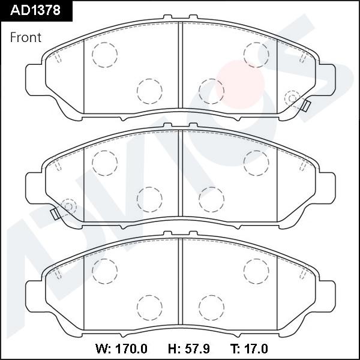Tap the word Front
[x=26, y=37]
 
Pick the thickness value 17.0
[x=254, y=349]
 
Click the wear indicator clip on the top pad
[x=305, y=106]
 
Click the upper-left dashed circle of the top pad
[x=104, y=55]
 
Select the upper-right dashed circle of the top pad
[x=256, y=55]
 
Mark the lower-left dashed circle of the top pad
[x=149, y=91]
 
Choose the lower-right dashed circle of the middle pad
[x=211, y=199]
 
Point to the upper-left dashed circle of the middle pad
[x=104, y=163]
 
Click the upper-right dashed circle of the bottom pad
[x=256, y=271]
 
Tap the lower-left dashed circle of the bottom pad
[x=149, y=307]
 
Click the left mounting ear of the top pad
[x=34, y=79]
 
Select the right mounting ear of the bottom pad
[x=327, y=295]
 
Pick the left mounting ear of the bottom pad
[x=34, y=295]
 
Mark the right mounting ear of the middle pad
[x=327, y=187]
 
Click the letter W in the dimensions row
[x=101, y=349]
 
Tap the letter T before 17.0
[x=233, y=349]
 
